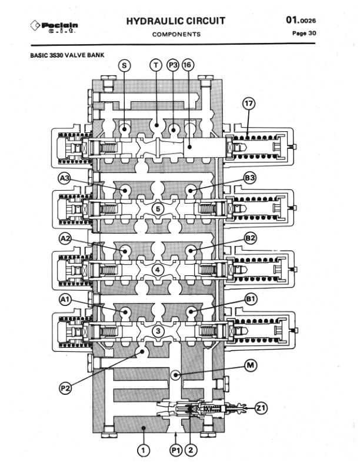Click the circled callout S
124,66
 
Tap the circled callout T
156,66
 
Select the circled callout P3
173,66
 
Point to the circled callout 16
188,66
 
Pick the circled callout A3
65,177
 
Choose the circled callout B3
250,177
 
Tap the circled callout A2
65,238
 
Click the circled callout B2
250,238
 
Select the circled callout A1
65,299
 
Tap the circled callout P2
65,387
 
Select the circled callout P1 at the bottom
175,450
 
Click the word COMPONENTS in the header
176,34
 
